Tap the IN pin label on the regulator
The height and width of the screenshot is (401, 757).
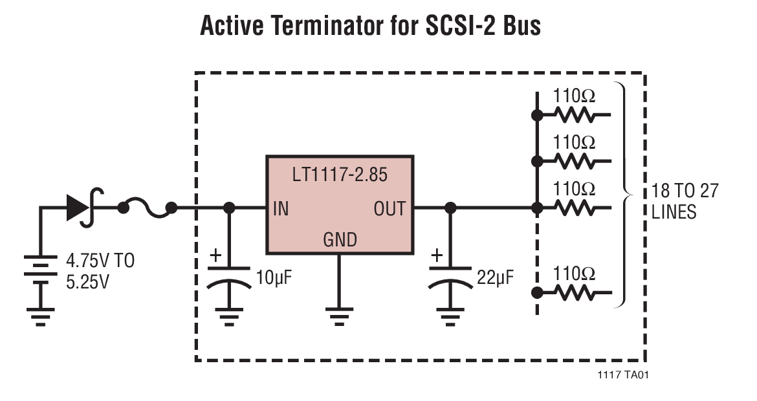coord(281,208)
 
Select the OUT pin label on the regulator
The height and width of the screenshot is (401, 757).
coord(389,208)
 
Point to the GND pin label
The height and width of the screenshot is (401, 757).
coord(340,241)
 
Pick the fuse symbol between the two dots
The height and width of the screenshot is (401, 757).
coord(147,208)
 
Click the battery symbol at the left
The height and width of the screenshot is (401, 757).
coord(41,272)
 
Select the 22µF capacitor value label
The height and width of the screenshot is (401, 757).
coord(495,279)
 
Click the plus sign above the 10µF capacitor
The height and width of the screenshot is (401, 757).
coord(215,255)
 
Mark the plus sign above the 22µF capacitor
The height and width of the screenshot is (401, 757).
coord(437,255)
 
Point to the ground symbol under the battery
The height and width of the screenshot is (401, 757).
coord(41,317)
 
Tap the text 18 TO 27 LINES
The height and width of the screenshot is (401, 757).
coord(685,201)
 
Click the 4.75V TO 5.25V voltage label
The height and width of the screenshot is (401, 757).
coord(100,272)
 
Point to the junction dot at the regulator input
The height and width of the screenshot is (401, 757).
coord(228,208)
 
